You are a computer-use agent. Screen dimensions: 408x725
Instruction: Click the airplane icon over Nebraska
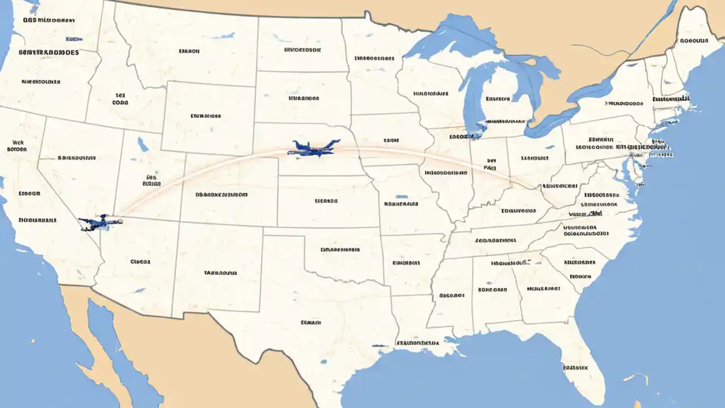[x=315, y=148]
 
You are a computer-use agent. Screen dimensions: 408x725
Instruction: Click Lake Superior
[x=453, y=42]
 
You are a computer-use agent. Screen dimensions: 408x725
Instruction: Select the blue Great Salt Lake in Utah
[x=142, y=144]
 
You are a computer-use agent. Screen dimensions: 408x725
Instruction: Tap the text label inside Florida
[x=575, y=367]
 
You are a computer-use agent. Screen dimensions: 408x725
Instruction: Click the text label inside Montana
[x=189, y=51]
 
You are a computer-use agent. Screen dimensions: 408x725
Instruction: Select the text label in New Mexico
[x=220, y=273]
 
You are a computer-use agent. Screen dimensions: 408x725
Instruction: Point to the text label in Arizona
[x=140, y=262]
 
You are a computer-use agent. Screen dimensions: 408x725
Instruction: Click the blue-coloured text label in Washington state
[x=74, y=40]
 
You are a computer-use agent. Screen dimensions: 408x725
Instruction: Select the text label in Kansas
[x=326, y=201]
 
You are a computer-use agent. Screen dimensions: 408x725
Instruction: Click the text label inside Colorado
[x=221, y=194]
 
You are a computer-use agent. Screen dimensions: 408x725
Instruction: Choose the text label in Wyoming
[x=205, y=116]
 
